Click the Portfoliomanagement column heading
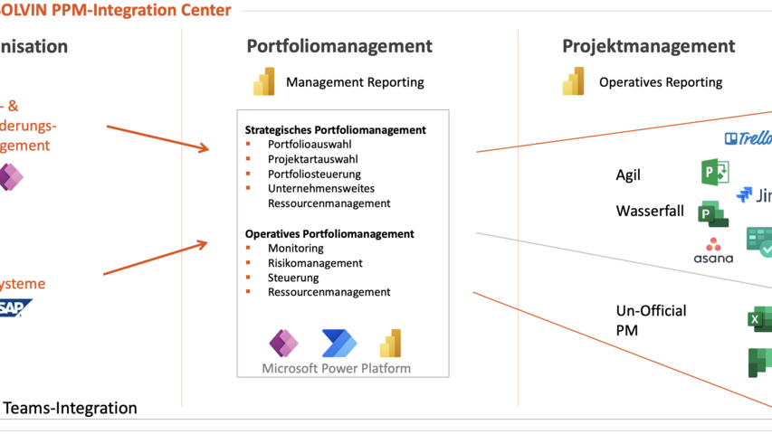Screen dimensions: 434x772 tap(339, 46)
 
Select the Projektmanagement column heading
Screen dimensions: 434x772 tap(648, 46)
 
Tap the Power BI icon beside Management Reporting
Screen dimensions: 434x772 tap(264, 81)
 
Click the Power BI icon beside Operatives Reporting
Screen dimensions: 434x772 tap(574, 81)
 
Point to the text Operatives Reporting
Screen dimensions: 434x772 tap(661, 82)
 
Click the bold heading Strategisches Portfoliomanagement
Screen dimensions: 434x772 tap(335, 129)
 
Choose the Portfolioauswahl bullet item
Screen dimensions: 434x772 tap(310, 144)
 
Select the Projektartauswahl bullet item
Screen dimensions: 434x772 tap(312, 159)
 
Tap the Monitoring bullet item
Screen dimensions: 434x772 tap(295, 248)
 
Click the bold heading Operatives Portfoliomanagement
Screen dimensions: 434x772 tap(329, 233)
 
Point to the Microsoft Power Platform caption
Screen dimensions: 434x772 tap(336, 368)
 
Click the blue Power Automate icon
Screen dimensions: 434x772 tap(339, 344)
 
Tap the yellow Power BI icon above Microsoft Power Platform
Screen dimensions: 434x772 tap(390, 343)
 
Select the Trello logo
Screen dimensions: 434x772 tap(748, 138)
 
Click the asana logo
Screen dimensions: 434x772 tap(713, 250)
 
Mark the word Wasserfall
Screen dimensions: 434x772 tap(651, 211)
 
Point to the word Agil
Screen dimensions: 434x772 tap(628, 175)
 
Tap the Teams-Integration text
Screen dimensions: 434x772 tap(71, 408)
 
